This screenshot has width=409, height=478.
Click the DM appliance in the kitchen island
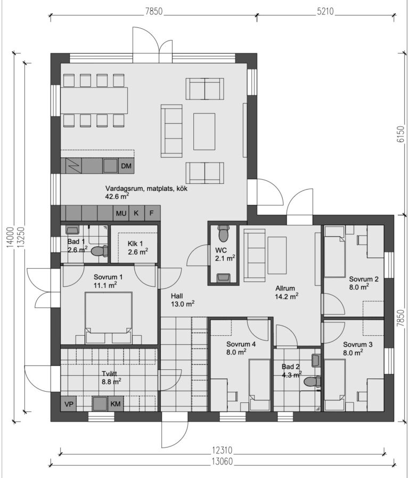tap(126, 166)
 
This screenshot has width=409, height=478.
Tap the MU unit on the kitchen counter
tap(121, 213)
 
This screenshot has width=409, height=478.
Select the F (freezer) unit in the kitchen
tap(152, 213)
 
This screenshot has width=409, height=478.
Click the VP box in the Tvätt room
tap(69, 404)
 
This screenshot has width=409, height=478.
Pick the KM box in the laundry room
tap(116, 404)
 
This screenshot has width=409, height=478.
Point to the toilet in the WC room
tap(224, 233)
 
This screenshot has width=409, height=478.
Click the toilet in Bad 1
tap(100, 251)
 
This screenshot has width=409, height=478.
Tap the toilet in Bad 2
tap(313, 381)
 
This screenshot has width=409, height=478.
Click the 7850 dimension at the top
tap(154, 11)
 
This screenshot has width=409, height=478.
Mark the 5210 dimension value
tap(325, 11)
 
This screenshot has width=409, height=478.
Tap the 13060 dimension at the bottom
tap(222, 461)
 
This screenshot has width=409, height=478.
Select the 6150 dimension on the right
tap(401, 134)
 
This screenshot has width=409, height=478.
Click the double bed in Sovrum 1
tap(109, 318)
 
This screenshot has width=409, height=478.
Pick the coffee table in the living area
tap(204, 132)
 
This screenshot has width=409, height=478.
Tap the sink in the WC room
tap(223, 277)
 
